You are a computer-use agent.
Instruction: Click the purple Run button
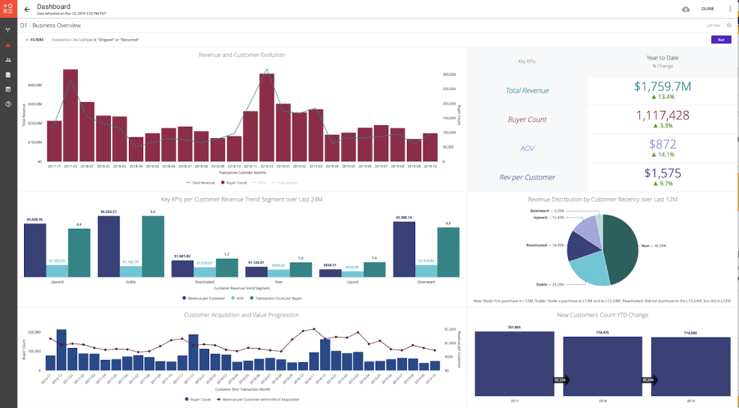[721, 39]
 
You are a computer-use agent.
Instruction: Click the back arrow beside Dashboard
[27, 9]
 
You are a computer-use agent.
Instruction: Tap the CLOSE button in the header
[708, 9]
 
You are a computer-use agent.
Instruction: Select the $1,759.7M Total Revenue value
[663, 87]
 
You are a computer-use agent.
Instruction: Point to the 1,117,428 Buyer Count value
[663, 115]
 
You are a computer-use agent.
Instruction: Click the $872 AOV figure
[663, 144]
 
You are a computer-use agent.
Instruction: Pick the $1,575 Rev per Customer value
[663, 173]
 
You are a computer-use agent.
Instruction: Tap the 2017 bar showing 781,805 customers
[514, 364]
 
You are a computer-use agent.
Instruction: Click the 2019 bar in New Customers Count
[690, 366]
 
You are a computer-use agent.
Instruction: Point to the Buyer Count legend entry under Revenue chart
[234, 182]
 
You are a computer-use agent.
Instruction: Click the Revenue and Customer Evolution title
[241, 55]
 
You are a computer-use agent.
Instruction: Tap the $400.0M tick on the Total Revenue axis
[34, 85]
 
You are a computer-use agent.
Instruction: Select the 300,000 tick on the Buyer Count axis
[450, 75]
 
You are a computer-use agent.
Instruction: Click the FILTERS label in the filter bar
[36, 40]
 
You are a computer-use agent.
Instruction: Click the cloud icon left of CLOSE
[686, 9]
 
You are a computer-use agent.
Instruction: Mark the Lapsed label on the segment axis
[352, 281]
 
